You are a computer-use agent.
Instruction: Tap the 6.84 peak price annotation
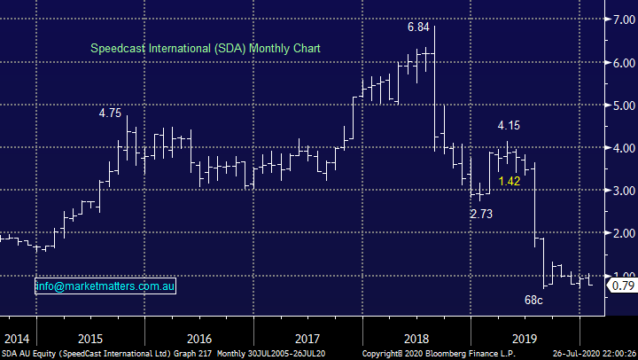click(x=419, y=28)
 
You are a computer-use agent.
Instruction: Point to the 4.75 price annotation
click(x=110, y=113)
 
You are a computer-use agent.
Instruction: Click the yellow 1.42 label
click(x=510, y=181)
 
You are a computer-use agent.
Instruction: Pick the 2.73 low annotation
click(x=482, y=214)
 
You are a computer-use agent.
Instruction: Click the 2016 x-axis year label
click(x=200, y=338)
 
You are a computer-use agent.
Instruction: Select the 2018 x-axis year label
click(x=416, y=338)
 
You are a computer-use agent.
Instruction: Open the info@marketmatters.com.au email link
click(x=105, y=287)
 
